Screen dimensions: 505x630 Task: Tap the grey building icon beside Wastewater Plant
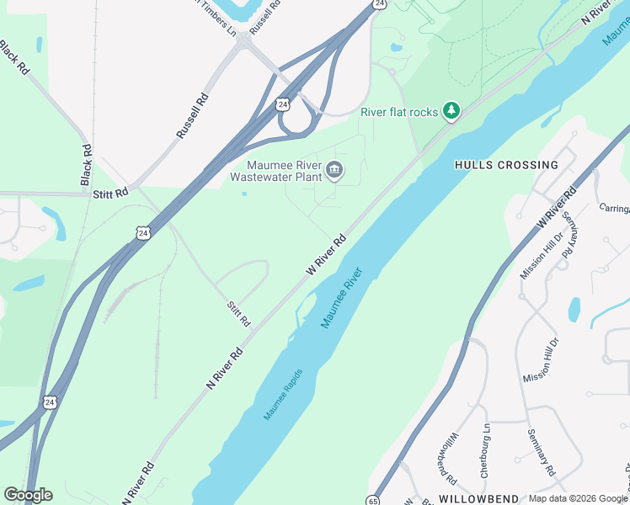[x=334, y=171]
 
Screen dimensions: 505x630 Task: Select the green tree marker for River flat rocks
[x=452, y=111]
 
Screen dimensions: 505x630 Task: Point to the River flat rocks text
[x=399, y=111]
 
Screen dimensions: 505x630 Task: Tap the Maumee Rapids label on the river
[x=283, y=395]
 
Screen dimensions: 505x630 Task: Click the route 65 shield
[x=372, y=500]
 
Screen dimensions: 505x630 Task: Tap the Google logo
[x=28, y=495]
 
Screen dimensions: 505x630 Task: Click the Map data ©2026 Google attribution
[x=578, y=499]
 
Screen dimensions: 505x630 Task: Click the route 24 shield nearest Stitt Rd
[x=142, y=232]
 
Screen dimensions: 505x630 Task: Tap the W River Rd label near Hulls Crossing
[x=557, y=206]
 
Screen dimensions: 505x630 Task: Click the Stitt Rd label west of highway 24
[x=110, y=194]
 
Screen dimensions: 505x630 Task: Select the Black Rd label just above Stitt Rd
[x=86, y=164]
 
